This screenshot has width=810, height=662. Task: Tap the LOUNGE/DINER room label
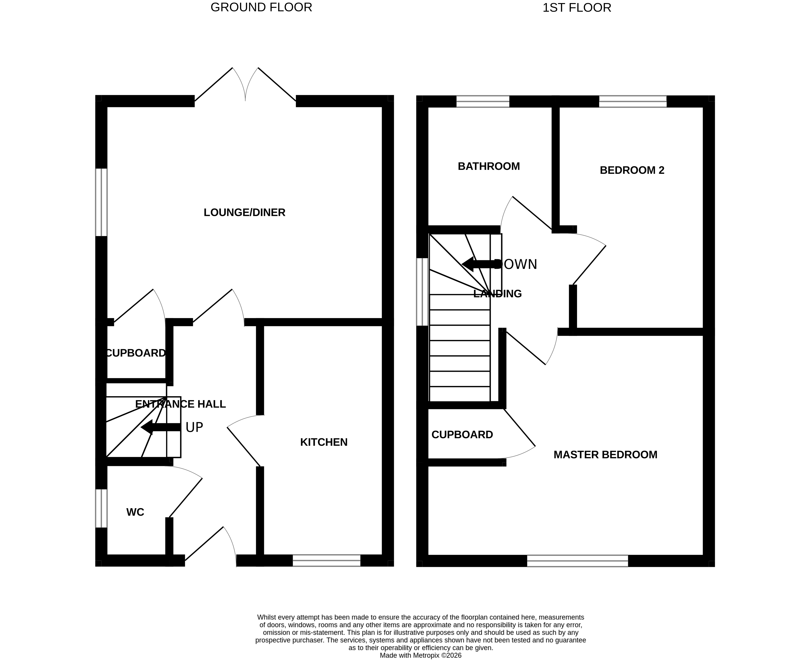(244, 212)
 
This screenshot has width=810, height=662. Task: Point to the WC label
(135, 512)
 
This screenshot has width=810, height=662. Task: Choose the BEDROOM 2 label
(632, 170)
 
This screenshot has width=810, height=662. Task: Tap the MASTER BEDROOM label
(605, 455)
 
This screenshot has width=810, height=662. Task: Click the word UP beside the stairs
(194, 427)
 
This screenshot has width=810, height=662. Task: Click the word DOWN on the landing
(516, 264)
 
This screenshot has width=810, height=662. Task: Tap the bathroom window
(483, 101)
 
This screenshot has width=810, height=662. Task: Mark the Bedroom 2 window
(633, 101)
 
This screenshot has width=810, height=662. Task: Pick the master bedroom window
(577, 561)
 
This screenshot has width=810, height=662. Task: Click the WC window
(101, 508)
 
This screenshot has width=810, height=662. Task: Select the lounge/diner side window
(101, 202)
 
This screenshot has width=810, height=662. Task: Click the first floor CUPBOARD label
(462, 435)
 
